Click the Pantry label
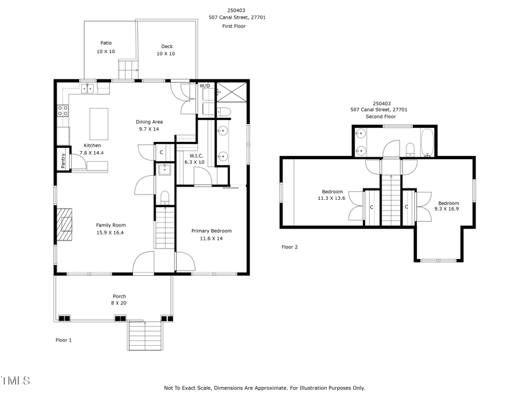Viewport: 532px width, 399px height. pyautogui.click(x=63, y=161)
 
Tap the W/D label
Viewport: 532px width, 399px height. pyautogui.click(x=205, y=86)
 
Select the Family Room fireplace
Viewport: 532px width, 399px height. pyautogui.click(x=65, y=224)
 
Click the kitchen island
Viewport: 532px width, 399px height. pyautogui.click(x=98, y=124)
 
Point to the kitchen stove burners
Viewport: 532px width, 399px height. pyautogui.click(x=63, y=111)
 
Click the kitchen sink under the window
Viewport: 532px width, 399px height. pyautogui.click(x=88, y=89)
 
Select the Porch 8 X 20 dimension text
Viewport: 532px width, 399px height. pyautogui.click(x=119, y=303)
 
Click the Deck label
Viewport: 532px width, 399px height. pyautogui.click(x=167, y=46)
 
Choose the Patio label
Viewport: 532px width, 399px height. pyautogui.click(x=106, y=43)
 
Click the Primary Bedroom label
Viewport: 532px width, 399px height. pyautogui.click(x=211, y=230)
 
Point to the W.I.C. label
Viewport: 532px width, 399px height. pyautogui.click(x=196, y=156)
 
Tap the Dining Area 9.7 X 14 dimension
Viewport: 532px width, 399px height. pyautogui.click(x=149, y=129)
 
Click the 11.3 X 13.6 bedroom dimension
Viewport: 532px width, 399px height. pyautogui.click(x=331, y=198)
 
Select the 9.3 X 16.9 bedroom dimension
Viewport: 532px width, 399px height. pyautogui.click(x=447, y=209)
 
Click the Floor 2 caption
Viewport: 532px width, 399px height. pyautogui.click(x=289, y=247)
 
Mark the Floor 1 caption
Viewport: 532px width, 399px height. pyautogui.click(x=63, y=340)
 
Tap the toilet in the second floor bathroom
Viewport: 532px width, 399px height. pyautogui.click(x=410, y=149)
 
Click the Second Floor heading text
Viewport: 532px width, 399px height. pyautogui.click(x=380, y=117)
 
